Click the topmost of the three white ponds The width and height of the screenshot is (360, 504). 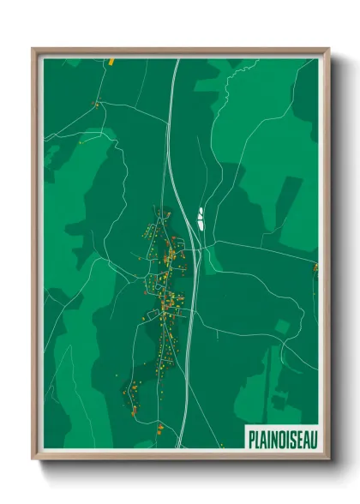point(201,209)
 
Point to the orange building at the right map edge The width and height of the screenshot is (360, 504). point(315,267)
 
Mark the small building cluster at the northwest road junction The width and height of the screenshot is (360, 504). point(96,105)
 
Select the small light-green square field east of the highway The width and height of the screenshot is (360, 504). point(282,327)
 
